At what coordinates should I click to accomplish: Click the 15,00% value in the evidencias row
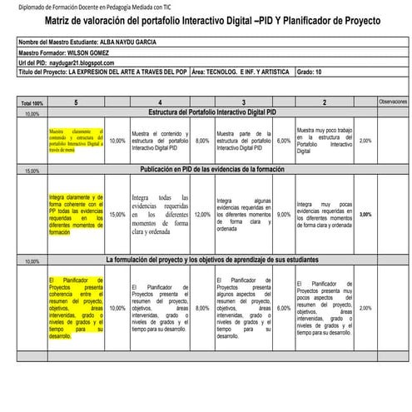[x=117, y=214]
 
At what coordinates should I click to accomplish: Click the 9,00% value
[x=284, y=214]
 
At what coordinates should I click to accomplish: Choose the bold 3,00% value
[x=365, y=214]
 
